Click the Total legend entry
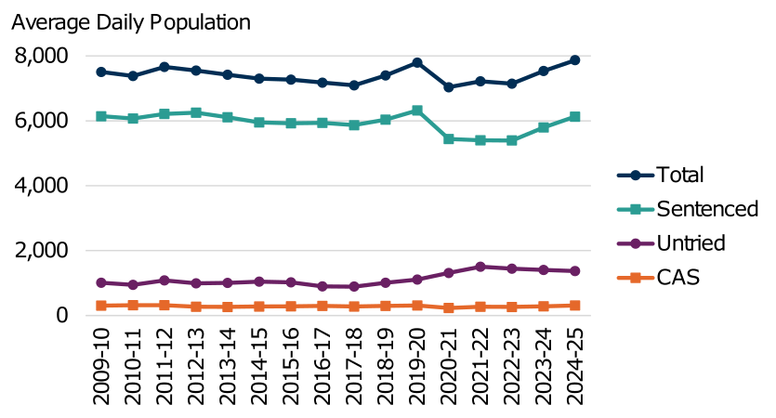point(679,175)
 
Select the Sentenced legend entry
point(706,209)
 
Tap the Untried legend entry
point(691,243)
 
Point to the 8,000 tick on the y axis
point(42,56)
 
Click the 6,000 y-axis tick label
point(42,121)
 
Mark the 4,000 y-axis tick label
point(42,186)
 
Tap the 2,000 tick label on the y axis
point(42,251)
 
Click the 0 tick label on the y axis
point(60,316)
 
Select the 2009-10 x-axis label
point(100,367)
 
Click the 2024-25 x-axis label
point(575,367)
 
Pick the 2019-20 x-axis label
point(417,367)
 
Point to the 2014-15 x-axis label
point(259,367)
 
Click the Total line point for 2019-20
point(417,62)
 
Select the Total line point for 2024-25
point(575,59)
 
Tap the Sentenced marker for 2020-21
point(449,138)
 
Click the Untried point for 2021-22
point(480,267)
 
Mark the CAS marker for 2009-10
point(100,306)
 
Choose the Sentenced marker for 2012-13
point(195,112)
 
